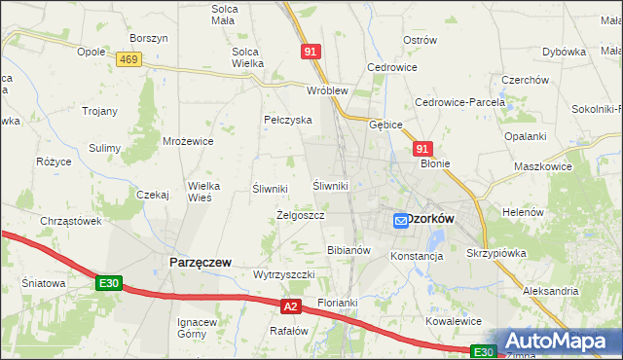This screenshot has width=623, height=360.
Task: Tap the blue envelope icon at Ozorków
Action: [x=401, y=221]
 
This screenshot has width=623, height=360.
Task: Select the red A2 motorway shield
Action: [x=290, y=307]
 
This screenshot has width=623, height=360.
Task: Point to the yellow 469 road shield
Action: [x=128, y=60]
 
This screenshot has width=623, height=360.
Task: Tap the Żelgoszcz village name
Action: [x=300, y=215]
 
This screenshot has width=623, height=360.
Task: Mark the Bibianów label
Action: [x=349, y=250]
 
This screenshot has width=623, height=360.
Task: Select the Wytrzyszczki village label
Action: [x=283, y=275]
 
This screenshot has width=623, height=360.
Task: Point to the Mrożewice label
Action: [x=188, y=141]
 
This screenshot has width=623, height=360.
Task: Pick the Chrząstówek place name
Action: [x=71, y=221]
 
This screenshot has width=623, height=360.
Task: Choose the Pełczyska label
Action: [x=287, y=120]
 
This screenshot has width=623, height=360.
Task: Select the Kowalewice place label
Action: [x=454, y=320]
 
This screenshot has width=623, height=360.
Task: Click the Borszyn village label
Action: [x=149, y=38]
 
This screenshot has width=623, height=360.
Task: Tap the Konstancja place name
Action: [x=417, y=256]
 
